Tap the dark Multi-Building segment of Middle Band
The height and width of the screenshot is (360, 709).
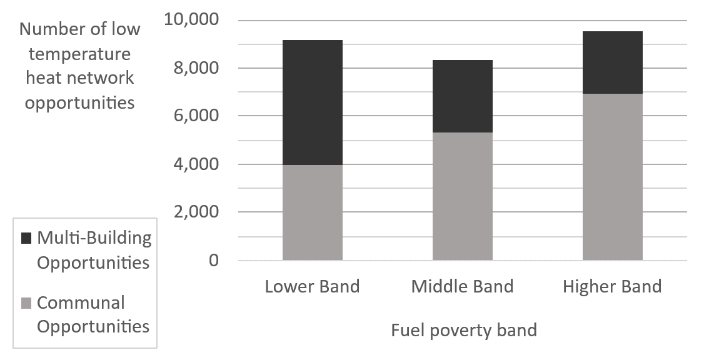point(462,96)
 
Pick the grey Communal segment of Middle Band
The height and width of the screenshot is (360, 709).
point(462,196)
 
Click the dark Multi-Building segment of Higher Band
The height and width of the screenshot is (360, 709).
point(612,62)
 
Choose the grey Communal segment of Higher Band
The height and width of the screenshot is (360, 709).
point(612,177)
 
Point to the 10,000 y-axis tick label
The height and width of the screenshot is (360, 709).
point(191,20)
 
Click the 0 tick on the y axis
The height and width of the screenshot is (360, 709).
point(214,261)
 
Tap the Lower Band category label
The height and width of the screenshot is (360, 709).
point(312,287)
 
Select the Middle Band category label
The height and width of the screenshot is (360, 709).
point(462,287)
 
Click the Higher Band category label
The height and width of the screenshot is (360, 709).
point(612,287)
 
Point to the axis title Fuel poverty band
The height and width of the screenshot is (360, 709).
point(463,329)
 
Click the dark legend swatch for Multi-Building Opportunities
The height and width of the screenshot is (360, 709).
point(26,238)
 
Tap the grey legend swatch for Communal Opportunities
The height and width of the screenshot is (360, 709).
point(26,304)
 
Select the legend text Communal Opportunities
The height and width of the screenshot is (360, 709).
point(93,314)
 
